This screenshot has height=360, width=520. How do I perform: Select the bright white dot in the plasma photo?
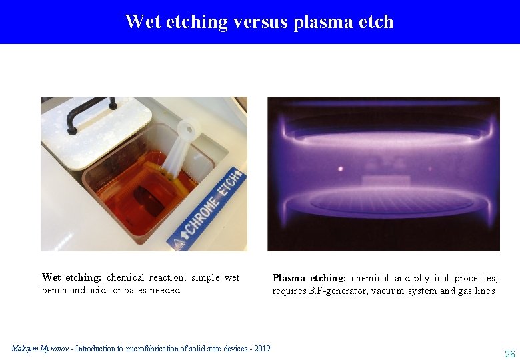click(341, 168)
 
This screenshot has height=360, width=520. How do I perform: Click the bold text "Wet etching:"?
click(71, 277)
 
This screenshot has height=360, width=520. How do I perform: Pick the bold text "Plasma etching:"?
click(309, 278)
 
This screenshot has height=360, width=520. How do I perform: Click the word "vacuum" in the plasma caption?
click(388, 291)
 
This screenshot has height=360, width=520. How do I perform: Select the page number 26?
click(509, 354)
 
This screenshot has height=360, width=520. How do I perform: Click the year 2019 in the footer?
click(261, 349)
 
